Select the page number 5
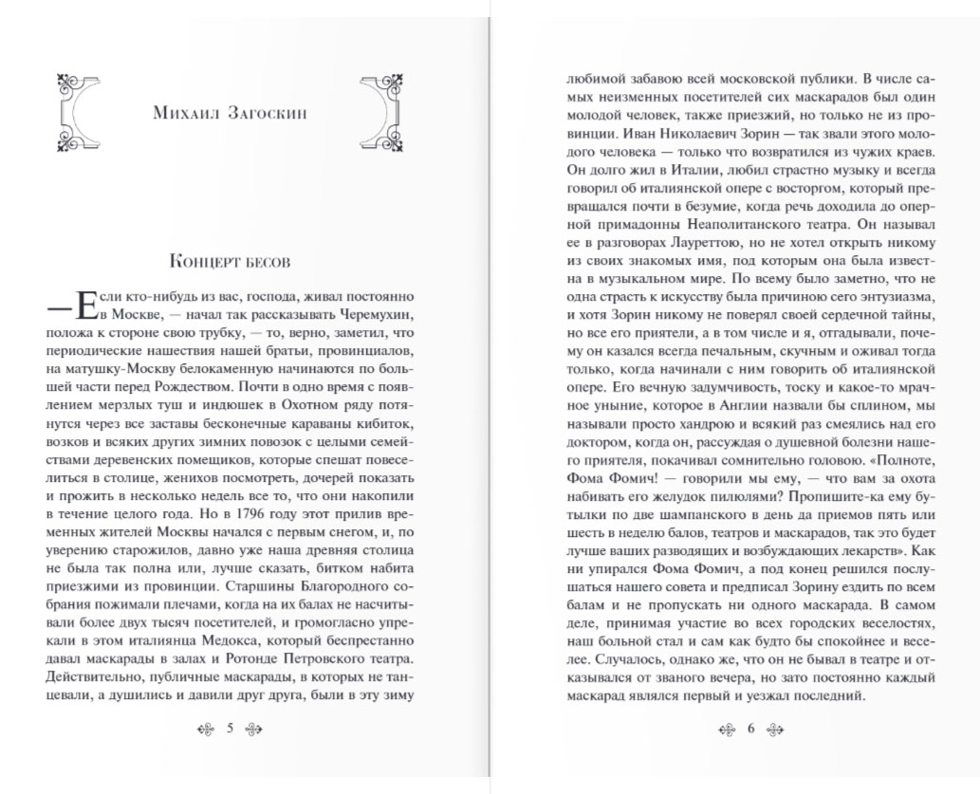pyautogui.click(x=230, y=729)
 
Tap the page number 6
pyautogui.click(x=749, y=729)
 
